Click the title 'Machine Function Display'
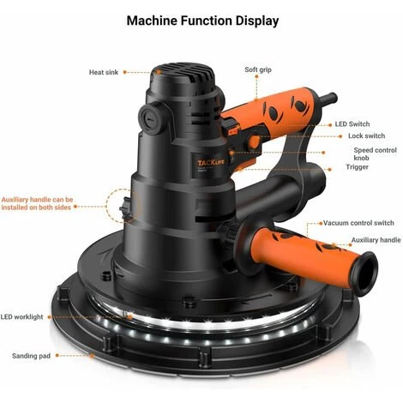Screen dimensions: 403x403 pyautogui.click(x=201, y=19)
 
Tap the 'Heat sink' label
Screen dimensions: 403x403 pyautogui.click(x=107, y=72)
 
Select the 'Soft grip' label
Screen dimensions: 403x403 pyautogui.click(x=258, y=69)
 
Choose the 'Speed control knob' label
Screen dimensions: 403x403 pyautogui.click(x=375, y=154)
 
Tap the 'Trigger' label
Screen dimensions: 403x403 pyautogui.click(x=358, y=167)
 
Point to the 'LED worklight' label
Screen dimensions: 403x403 pyautogui.click(x=22, y=317)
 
